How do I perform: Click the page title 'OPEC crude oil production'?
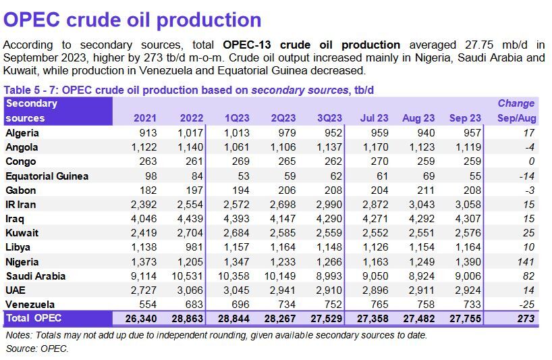tap(133, 19)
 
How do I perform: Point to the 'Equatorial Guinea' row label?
tap(47, 176)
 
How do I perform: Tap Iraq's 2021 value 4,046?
tap(142, 219)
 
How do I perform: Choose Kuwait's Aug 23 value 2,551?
tap(421, 233)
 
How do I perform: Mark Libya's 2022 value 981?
tap(192, 247)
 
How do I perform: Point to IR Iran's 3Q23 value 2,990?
tap(327, 204)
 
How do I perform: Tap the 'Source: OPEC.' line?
tap(37, 349)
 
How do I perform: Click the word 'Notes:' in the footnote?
tap(20, 334)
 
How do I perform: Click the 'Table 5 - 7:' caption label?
tap(31, 89)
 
